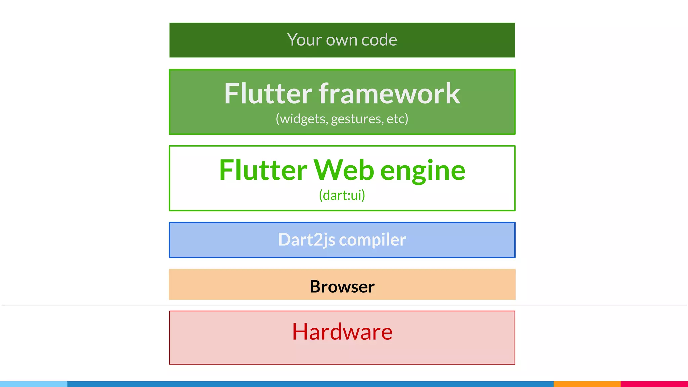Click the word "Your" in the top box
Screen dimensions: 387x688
point(304,40)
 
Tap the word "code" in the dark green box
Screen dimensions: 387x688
point(379,40)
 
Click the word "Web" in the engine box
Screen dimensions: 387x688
point(344,170)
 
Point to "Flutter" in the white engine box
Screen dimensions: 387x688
point(263,170)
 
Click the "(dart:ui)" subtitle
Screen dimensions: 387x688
point(342,195)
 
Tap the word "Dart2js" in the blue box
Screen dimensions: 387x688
point(306,240)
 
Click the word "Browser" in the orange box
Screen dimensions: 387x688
point(342,287)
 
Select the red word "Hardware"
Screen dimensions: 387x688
point(342,332)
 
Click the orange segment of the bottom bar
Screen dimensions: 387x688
point(587,384)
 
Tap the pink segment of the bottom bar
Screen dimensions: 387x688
point(654,384)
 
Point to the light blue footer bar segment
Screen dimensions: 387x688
point(34,384)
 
